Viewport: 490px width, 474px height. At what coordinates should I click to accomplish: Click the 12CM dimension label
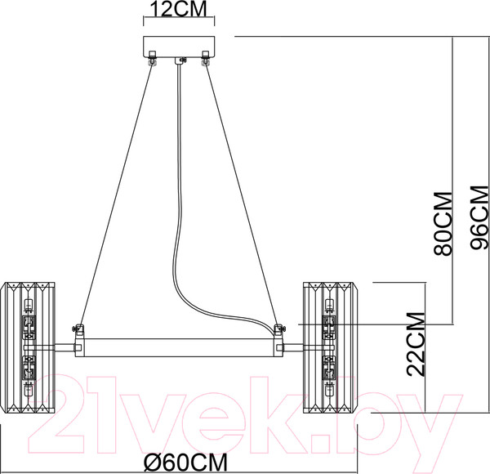(x=179, y=9)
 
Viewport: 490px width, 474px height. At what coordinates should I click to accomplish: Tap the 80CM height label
(x=443, y=224)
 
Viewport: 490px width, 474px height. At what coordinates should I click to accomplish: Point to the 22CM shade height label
(x=416, y=344)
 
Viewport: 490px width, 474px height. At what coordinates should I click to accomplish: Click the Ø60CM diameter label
(x=185, y=463)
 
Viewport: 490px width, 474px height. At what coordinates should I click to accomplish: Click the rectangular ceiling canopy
(x=179, y=47)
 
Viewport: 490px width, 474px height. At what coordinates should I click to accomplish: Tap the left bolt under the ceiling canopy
(x=152, y=57)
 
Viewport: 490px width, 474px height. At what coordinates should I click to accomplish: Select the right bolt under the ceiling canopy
(x=205, y=57)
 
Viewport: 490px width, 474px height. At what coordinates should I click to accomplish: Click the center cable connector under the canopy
(x=180, y=61)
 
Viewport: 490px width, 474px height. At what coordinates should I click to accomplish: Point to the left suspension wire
(x=117, y=195)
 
